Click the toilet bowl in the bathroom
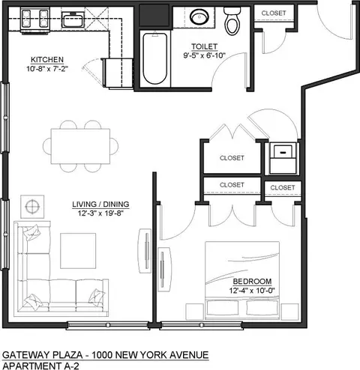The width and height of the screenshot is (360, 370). [x=232, y=21]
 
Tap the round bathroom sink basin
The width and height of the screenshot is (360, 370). [x=199, y=16]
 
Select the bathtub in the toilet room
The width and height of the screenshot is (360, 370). [x=155, y=58]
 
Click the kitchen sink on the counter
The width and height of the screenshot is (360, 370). [x=72, y=19]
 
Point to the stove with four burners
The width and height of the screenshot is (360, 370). [x=34, y=19]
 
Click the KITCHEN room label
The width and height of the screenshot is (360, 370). [x=47, y=60]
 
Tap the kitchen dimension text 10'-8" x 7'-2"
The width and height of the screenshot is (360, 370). [x=47, y=69]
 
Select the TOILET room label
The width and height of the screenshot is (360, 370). [x=205, y=46]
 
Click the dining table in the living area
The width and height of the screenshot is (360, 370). [x=80, y=146]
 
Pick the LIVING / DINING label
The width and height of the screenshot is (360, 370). [x=100, y=204]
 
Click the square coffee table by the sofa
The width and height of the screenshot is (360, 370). [x=78, y=251]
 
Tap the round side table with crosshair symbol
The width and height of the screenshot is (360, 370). [x=32, y=207]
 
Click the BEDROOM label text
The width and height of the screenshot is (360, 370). [x=252, y=282]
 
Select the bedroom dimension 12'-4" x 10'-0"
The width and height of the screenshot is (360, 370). [x=252, y=291]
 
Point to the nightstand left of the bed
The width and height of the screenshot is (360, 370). [x=195, y=312]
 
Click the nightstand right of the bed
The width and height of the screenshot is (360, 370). [x=290, y=312]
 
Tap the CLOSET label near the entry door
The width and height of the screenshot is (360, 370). [x=274, y=13]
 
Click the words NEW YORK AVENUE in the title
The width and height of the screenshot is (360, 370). [x=162, y=355]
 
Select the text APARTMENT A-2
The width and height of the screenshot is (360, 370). [x=40, y=366]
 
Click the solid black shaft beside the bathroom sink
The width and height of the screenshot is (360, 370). [x=154, y=16]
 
